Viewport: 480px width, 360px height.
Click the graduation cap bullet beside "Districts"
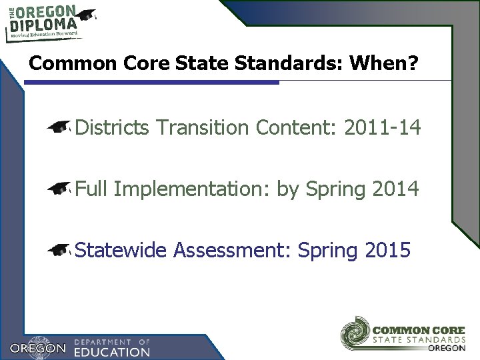click(x=60, y=127)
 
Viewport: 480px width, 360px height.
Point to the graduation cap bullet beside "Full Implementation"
click(x=60, y=189)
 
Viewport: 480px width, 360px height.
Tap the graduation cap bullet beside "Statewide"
click(x=60, y=251)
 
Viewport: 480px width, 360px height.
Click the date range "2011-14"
click(x=383, y=127)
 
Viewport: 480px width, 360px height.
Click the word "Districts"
click(x=113, y=127)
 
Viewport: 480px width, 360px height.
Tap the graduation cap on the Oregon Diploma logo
click(x=87, y=14)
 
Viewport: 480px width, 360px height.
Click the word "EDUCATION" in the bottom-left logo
click(x=112, y=351)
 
